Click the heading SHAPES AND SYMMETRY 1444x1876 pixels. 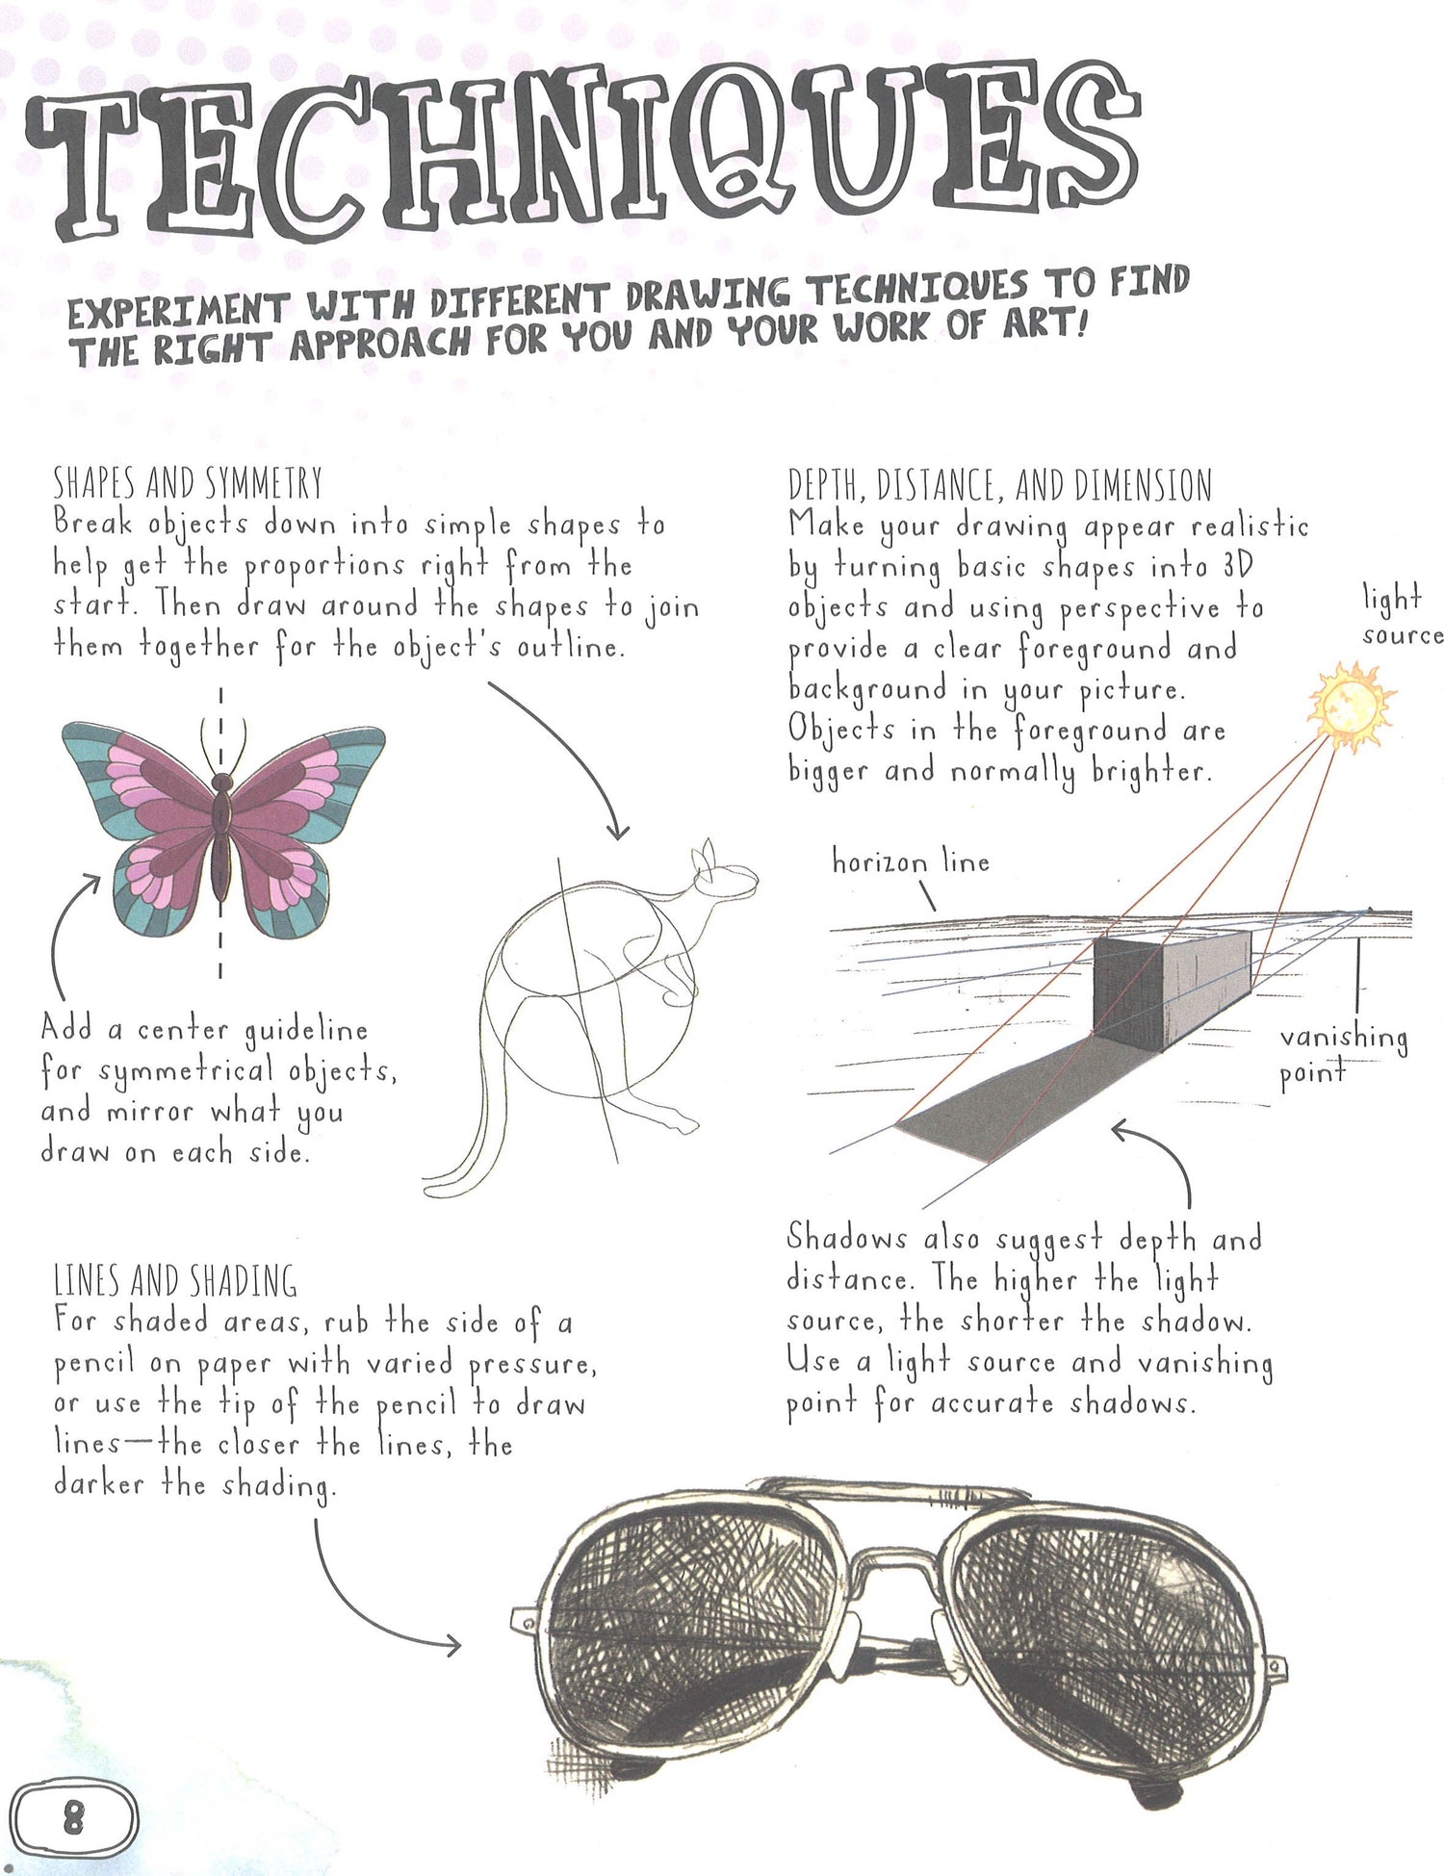188,482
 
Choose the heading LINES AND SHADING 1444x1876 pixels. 175,1281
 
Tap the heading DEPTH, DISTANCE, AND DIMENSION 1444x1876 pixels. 1000,485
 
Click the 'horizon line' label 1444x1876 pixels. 911,861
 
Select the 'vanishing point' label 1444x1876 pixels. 1344,1055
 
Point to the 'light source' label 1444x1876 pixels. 1402,616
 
